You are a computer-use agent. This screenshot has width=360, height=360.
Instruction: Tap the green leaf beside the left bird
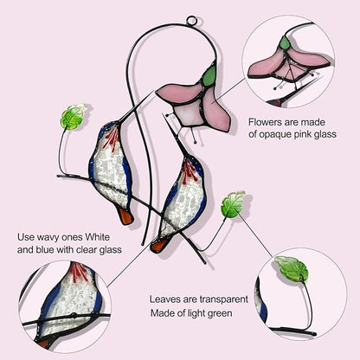click(73, 117)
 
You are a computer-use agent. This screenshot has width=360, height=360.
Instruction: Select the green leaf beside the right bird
click(233, 204)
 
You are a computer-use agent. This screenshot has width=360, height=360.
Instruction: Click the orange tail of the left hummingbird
click(126, 216)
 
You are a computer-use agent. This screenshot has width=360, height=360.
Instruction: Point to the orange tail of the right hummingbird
click(159, 246)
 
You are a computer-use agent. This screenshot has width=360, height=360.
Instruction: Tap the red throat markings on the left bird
click(112, 138)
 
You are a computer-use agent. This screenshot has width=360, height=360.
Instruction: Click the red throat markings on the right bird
click(189, 171)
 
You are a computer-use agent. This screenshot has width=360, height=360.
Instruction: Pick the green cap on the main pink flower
click(209, 75)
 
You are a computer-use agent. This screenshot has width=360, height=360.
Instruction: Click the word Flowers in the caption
click(266, 122)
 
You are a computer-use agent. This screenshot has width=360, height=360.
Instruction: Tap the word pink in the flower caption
click(303, 135)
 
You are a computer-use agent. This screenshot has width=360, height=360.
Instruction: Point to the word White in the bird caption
click(98, 237)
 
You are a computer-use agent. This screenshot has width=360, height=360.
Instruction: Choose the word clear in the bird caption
click(87, 249)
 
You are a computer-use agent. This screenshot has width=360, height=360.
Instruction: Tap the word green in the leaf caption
click(218, 313)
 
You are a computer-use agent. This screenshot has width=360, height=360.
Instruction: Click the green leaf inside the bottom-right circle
click(291, 268)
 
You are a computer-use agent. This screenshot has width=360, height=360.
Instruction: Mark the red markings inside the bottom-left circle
click(80, 273)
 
